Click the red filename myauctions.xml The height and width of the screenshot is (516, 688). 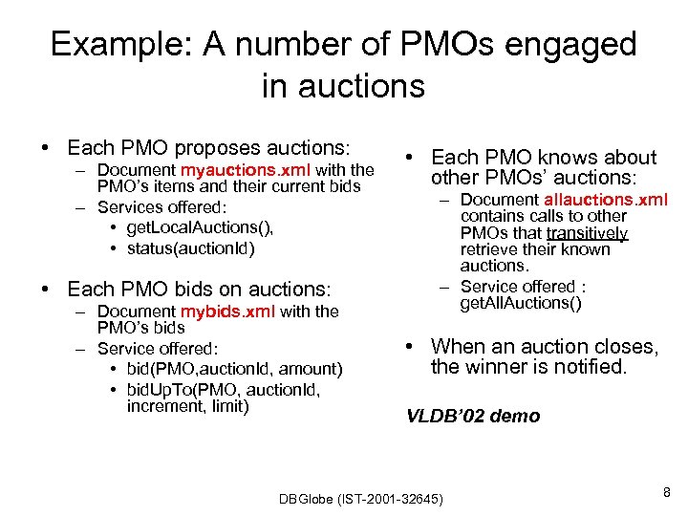(x=238, y=170)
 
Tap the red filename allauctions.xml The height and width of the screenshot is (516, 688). (x=606, y=200)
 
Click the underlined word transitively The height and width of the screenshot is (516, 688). (x=587, y=233)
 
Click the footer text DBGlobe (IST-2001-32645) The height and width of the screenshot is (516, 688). (x=360, y=499)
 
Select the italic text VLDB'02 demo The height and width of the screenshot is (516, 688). (x=473, y=416)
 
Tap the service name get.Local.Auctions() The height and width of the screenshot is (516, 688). (x=199, y=226)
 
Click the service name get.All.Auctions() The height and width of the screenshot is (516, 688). (x=521, y=303)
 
